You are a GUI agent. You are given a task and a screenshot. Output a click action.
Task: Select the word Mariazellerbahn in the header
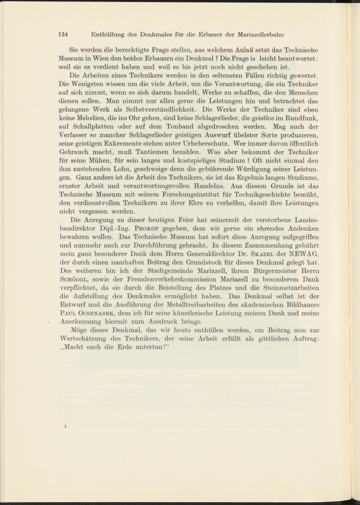click(x=261, y=35)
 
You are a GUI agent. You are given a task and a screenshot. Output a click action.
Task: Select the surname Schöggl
click(x=72, y=279)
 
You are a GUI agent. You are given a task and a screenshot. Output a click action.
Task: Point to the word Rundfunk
click(x=303, y=118)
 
